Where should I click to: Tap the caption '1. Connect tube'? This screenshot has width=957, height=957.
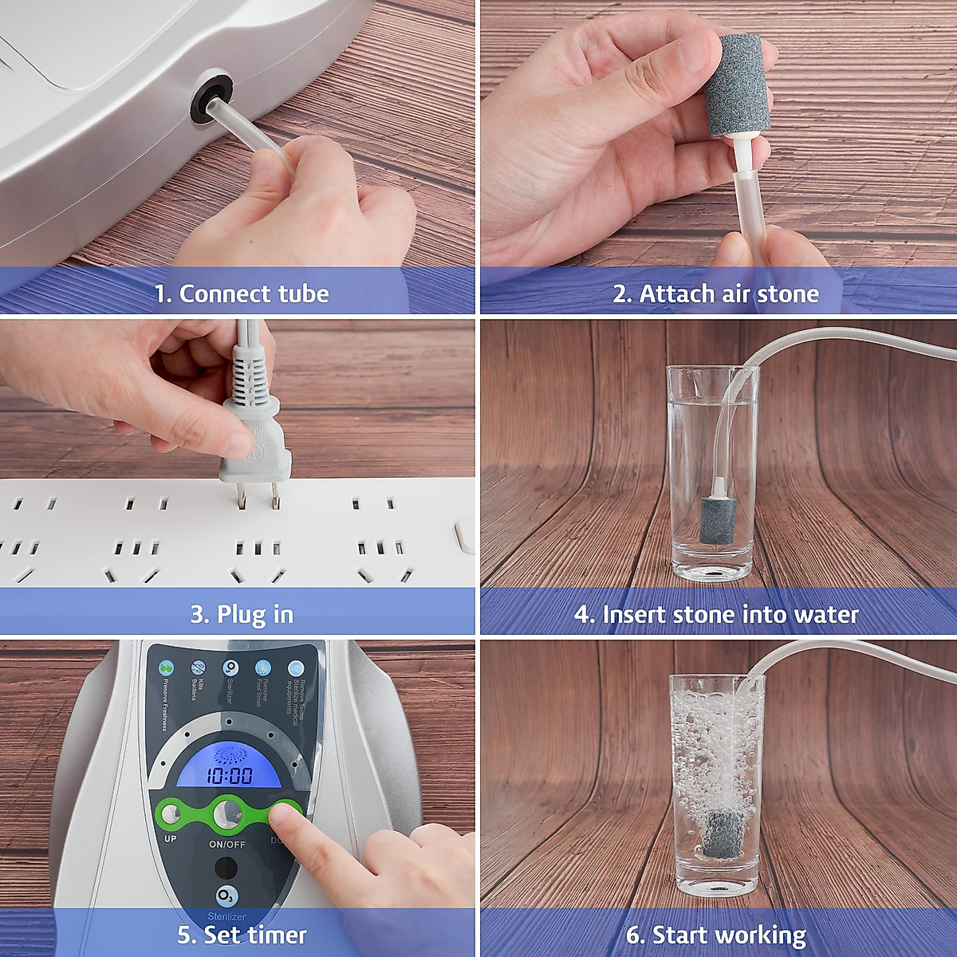pyautogui.click(x=242, y=293)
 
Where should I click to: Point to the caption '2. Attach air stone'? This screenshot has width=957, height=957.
pyautogui.click(x=715, y=293)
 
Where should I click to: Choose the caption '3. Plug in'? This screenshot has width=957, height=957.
pyautogui.click(x=242, y=614)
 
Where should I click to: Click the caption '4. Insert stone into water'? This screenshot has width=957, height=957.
pyautogui.click(x=715, y=614)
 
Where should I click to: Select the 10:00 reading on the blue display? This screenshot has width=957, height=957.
pyautogui.click(x=229, y=775)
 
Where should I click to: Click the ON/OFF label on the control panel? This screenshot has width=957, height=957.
pyautogui.click(x=227, y=844)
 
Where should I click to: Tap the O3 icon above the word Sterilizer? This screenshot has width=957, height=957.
pyautogui.click(x=226, y=896)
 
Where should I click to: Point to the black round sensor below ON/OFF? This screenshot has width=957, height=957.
pyautogui.click(x=226, y=868)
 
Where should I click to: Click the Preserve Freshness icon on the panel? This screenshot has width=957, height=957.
pyautogui.click(x=166, y=668)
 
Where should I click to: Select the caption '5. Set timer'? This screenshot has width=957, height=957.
pyautogui.click(x=242, y=935)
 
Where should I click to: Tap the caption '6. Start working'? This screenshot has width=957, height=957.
pyautogui.click(x=715, y=935)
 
